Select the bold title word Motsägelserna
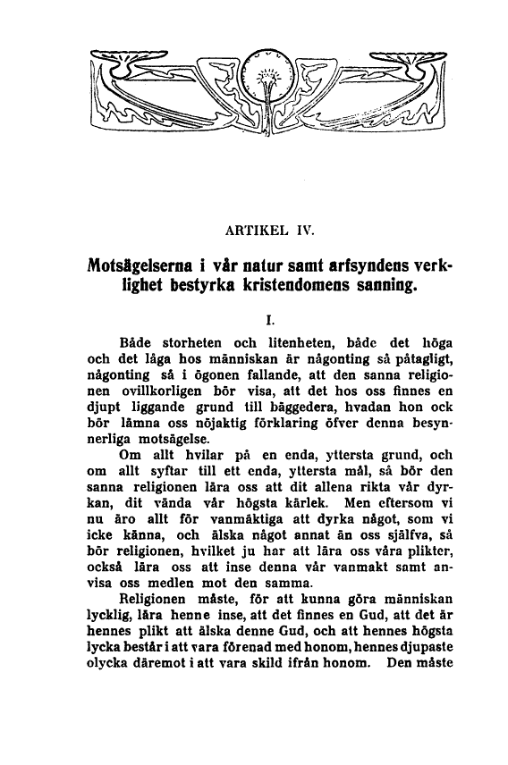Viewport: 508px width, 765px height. click(x=141, y=266)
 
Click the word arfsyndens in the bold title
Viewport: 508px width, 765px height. click(x=359, y=266)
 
